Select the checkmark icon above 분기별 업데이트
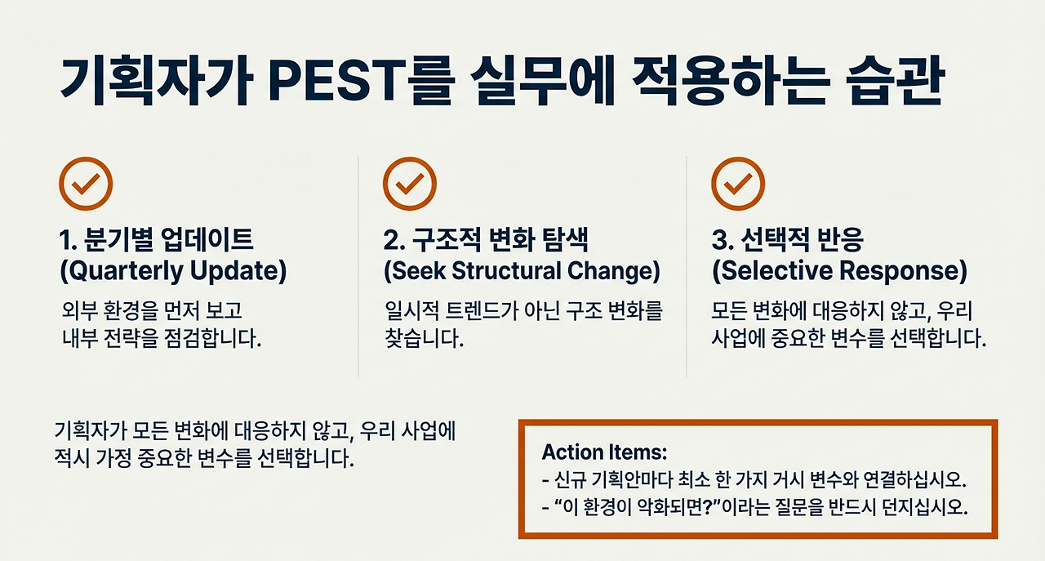pyautogui.click(x=86, y=184)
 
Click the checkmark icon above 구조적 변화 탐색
pyautogui.click(x=410, y=184)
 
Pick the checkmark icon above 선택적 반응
pyautogui.click(x=738, y=184)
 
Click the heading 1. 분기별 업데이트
pyautogui.click(x=157, y=240)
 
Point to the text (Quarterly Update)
pyautogui.click(x=173, y=271)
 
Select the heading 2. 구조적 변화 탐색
pyautogui.click(x=486, y=240)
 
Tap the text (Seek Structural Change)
pyautogui.click(x=522, y=271)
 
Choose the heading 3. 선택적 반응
pyautogui.click(x=788, y=240)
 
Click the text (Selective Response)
pyautogui.click(x=840, y=271)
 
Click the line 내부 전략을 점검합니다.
pyautogui.click(x=162, y=339)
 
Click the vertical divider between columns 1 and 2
pyautogui.click(x=358, y=265)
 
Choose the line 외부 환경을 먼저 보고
pyautogui.click(x=153, y=311)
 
